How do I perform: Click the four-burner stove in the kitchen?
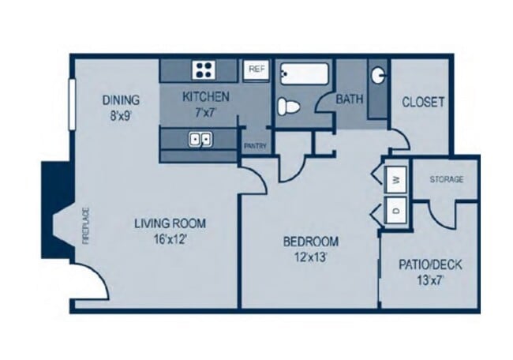pos(204,69)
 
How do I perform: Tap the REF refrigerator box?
pos(256,69)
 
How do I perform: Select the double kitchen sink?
pos(200,140)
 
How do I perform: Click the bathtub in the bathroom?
pos(304,74)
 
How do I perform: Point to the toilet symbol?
pos(289,107)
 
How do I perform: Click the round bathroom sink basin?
pos(378,75)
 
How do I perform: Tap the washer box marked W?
pos(396,179)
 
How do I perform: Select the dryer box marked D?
pos(396,210)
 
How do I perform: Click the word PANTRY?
pos(255,146)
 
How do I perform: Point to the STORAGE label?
pos(446,179)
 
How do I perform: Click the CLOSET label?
pos(423,102)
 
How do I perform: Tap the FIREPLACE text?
pos(86,226)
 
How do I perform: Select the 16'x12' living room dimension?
pos(170,239)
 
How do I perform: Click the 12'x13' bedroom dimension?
pos(311,257)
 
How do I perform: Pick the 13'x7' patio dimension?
pos(430,280)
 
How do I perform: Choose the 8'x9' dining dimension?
pos(121,115)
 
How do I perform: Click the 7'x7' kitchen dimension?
pos(206,112)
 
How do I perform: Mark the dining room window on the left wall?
pos(72,104)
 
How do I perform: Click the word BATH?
pos(350,99)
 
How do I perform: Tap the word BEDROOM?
pos(311,242)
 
